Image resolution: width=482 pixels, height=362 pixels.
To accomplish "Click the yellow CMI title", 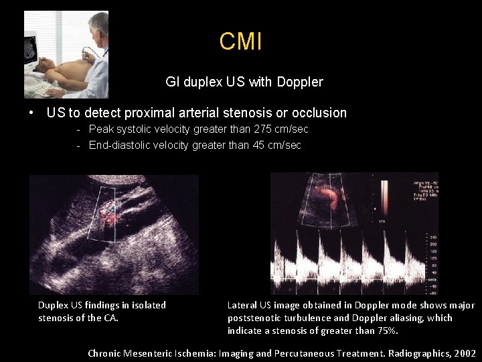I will point(240,42).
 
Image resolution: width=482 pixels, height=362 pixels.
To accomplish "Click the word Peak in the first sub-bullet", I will point(100,129).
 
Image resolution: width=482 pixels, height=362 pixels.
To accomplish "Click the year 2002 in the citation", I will point(463,353).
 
